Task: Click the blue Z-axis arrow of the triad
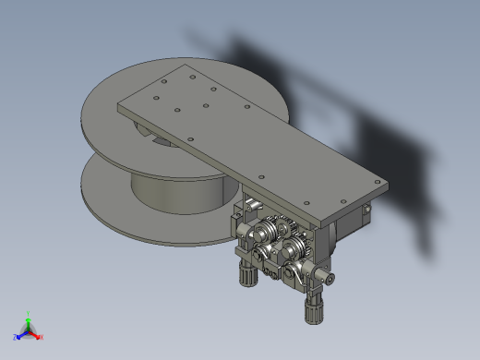coord(20,335)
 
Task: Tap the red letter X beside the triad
coord(41,337)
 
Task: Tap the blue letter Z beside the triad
coord(15,337)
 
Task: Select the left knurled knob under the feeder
coord(246,272)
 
